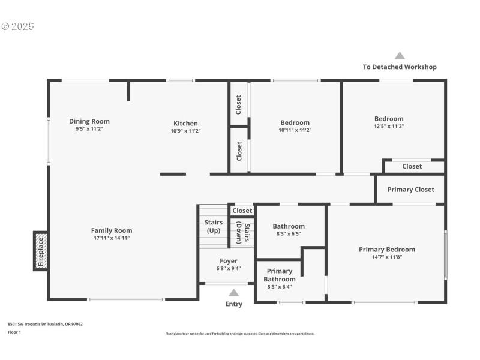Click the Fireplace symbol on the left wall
41,251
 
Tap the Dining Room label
89,121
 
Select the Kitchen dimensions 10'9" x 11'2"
185,131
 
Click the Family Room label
112,230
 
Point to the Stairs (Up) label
213,227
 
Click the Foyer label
228,261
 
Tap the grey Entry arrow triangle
234,293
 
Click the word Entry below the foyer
234,304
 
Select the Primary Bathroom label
280,275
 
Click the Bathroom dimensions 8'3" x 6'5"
289,234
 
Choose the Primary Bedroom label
386,250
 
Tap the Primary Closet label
410,190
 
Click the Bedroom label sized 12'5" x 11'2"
389,119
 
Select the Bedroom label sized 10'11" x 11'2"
295,123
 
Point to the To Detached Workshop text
400,67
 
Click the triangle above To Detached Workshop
400,56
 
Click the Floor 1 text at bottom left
14,332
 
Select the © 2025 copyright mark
18,26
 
